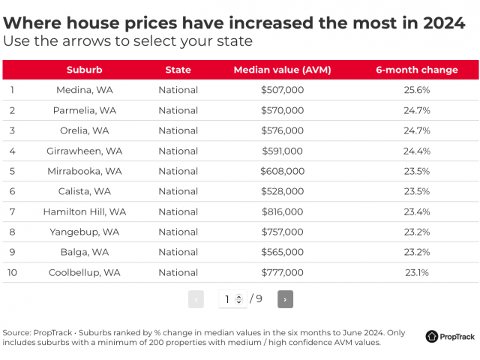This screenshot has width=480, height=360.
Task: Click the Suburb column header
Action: pyautogui.click(x=84, y=70)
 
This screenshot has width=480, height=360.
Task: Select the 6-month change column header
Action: pyautogui.click(x=416, y=70)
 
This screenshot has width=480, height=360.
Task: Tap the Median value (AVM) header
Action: pyautogui.click(x=282, y=70)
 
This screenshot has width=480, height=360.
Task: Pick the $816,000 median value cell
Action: pyautogui.click(x=282, y=211)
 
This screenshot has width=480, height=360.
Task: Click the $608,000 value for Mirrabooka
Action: pyautogui.click(x=282, y=171)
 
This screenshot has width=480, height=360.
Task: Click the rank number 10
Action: pyautogui.click(x=13, y=272)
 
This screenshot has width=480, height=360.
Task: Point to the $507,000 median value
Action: pyautogui.click(x=282, y=90)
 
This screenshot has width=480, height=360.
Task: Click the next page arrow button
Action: pyautogui.click(x=285, y=299)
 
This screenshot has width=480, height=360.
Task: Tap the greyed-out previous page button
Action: pyautogui.click(x=196, y=299)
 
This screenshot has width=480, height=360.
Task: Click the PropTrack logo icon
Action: pyautogui.click(x=433, y=337)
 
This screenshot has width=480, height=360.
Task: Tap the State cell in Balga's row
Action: pyautogui.click(x=178, y=252)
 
